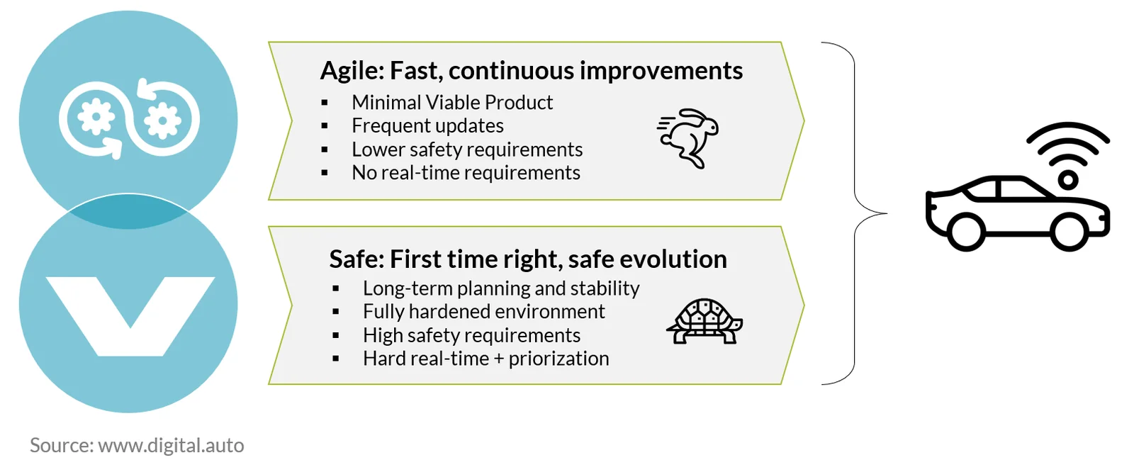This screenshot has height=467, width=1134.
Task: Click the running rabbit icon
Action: [x=688, y=138]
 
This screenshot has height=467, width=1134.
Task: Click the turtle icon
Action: [x=704, y=322]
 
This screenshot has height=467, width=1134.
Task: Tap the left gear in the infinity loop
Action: [x=96, y=117]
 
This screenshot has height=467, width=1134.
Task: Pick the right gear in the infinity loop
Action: [x=162, y=120]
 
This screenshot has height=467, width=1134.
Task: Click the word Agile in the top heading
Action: [x=352, y=71]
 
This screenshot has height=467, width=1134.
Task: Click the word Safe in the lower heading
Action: [x=357, y=259]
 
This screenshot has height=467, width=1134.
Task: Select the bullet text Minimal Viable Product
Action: [x=452, y=103]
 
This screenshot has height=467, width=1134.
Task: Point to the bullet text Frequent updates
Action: [x=428, y=126]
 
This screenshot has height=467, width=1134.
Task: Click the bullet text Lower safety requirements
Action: [x=467, y=150]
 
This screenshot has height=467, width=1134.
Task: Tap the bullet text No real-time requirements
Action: [x=466, y=173]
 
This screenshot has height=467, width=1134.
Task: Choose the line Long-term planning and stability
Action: [x=501, y=288]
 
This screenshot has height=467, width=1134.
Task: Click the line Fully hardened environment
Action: [x=483, y=312]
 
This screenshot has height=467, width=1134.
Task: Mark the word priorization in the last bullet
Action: [x=559, y=359]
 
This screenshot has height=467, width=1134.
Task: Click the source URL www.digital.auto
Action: [x=171, y=445]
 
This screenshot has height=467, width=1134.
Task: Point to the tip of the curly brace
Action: [x=887, y=213]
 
